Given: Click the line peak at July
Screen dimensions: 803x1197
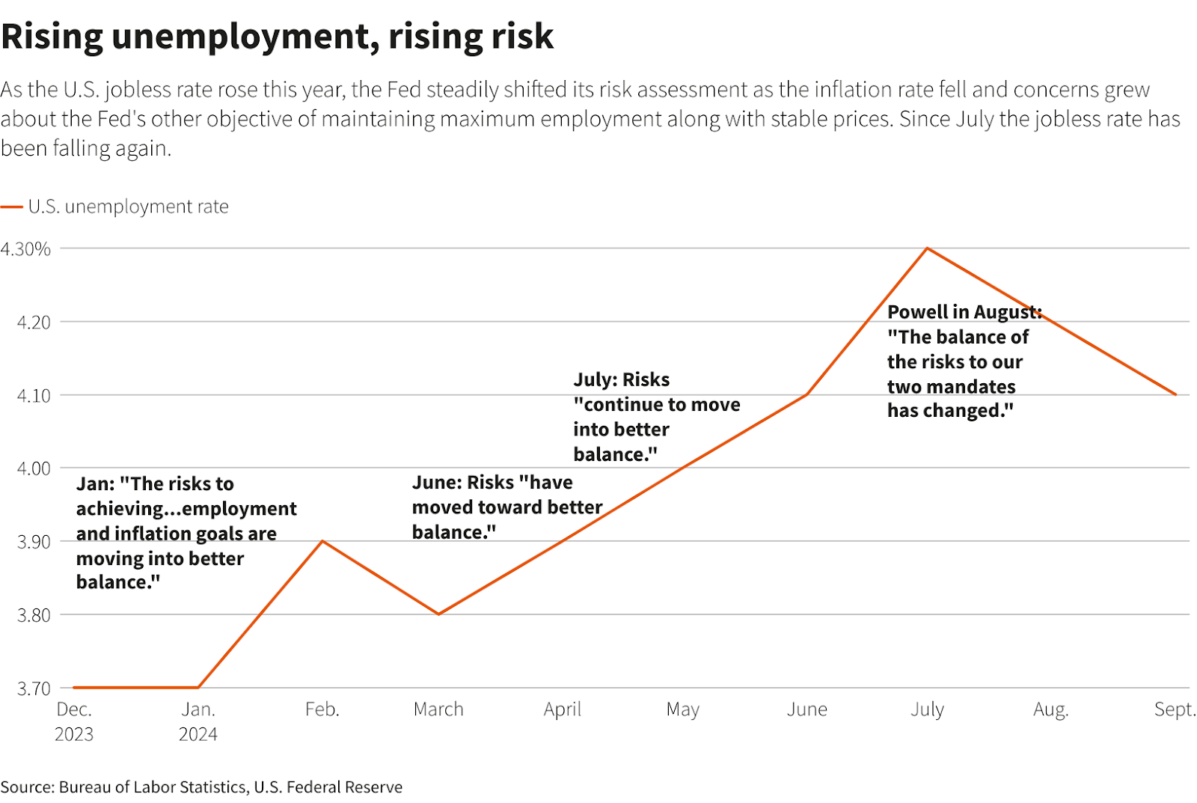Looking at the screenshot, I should pos(927,248).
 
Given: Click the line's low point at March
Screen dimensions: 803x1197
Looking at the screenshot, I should pos(439,614).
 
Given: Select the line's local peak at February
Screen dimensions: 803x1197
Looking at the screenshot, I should pos(322,540).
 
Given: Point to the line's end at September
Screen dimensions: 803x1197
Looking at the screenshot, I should pos(1175,394).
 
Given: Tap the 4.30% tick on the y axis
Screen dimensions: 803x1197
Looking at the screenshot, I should pos(26,249).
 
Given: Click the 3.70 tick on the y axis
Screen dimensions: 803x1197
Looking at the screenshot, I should pos(34,688).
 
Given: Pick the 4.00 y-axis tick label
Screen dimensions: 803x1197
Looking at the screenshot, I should pos(34,468).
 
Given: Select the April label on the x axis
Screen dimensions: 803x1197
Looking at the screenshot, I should pos(562,709).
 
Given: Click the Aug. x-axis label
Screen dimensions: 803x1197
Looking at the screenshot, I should pos(1050,709).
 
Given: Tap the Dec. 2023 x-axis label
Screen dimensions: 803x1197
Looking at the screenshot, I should pos(74,721).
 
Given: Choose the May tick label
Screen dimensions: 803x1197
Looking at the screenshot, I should pos(682,709).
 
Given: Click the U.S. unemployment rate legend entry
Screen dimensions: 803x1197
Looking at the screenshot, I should pos(128,207).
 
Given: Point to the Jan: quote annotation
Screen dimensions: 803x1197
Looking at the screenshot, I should pos(186,532).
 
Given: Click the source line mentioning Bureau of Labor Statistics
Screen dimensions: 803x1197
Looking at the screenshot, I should pos(201,787).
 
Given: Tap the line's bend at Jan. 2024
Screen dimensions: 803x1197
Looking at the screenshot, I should pos(198,687).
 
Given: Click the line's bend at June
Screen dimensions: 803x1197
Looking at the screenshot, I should pos(807,394).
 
